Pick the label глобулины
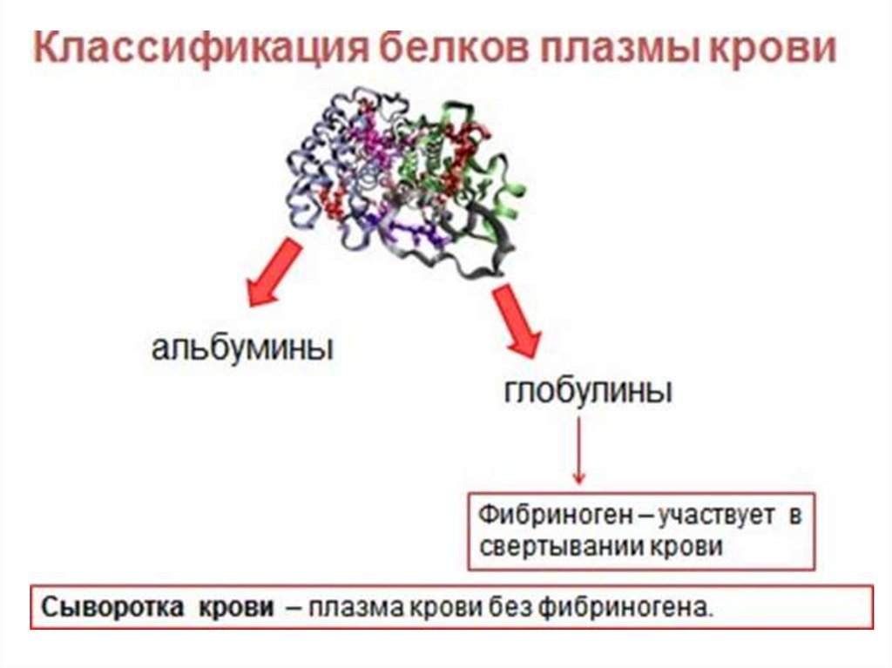coord(587,390)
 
